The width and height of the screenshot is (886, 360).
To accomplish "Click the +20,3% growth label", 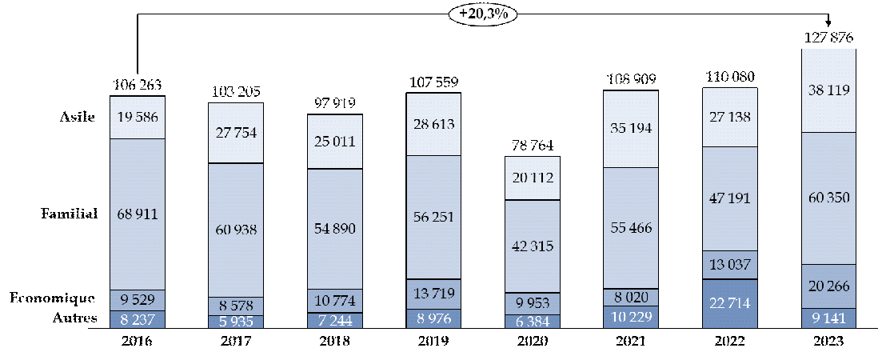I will [x=484, y=13].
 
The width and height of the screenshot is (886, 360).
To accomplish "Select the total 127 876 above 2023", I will [x=828, y=38].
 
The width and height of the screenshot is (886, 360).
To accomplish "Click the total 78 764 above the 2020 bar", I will [x=533, y=146].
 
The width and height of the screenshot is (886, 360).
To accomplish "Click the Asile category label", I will [x=78, y=117].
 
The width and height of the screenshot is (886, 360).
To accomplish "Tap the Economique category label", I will [x=52, y=298].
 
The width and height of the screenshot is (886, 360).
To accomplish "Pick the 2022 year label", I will [x=730, y=341].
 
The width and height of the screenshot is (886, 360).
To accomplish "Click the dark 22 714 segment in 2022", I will [x=730, y=303].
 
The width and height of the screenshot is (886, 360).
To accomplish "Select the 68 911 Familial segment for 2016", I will [x=138, y=214].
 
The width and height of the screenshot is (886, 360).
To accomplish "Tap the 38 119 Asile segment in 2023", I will [x=828, y=91].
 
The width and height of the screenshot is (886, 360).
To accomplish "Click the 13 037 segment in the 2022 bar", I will [x=730, y=265].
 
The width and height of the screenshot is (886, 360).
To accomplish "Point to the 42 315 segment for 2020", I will [x=533, y=246].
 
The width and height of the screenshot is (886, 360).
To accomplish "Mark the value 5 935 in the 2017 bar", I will [x=237, y=320].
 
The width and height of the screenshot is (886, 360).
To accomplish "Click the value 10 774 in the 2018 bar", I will [x=335, y=299].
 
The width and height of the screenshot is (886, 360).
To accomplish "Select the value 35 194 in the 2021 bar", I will [x=631, y=129].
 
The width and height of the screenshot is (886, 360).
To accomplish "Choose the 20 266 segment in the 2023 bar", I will [x=828, y=286].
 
